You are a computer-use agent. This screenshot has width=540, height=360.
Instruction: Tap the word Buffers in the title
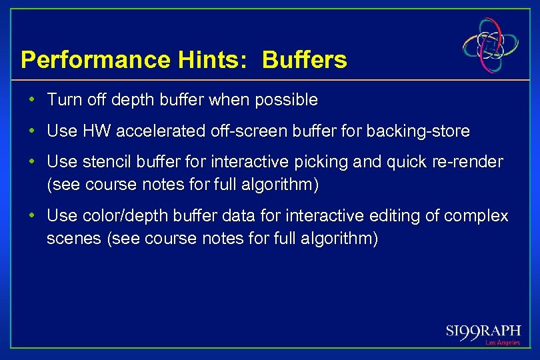[x=305, y=60]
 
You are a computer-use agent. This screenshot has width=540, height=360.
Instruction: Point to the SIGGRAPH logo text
[x=483, y=331]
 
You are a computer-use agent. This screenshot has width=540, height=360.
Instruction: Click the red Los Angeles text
[x=502, y=343]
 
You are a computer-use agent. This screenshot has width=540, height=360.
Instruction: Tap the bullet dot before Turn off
[x=33, y=100]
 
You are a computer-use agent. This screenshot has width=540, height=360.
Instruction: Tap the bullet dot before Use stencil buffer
[x=33, y=163]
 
